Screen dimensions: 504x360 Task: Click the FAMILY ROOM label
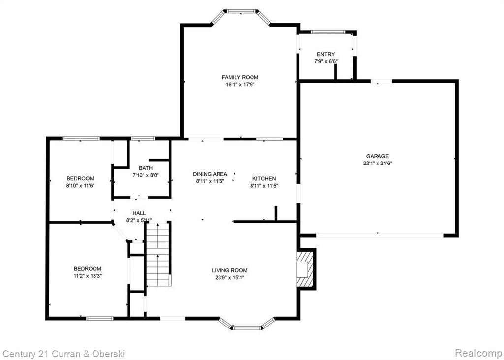tap(240, 77)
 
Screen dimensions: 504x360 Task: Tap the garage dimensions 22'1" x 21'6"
tap(378, 163)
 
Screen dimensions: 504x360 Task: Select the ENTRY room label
tap(326, 54)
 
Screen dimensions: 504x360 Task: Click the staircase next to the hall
tap(158, 254)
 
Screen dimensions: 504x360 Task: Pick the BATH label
tap(146, 168)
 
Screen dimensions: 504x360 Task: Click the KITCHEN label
tap(264, 179)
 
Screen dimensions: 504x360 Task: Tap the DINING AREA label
tap(210, 174)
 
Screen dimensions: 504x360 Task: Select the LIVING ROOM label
tap(229, 270)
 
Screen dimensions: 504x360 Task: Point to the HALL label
tap(139, 213)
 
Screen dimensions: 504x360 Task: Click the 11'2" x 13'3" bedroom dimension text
tap(88, 276)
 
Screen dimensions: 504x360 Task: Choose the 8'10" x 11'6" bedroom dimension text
tap(80, 185)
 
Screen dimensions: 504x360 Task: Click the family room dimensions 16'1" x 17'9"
tap(240, 84)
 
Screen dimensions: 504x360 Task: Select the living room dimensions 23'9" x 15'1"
tap(229, 277)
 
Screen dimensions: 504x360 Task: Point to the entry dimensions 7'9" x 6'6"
tap(326, 61)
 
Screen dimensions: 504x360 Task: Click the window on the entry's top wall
tap(327, 32)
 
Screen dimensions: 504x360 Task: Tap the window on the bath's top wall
tap(143, 139)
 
